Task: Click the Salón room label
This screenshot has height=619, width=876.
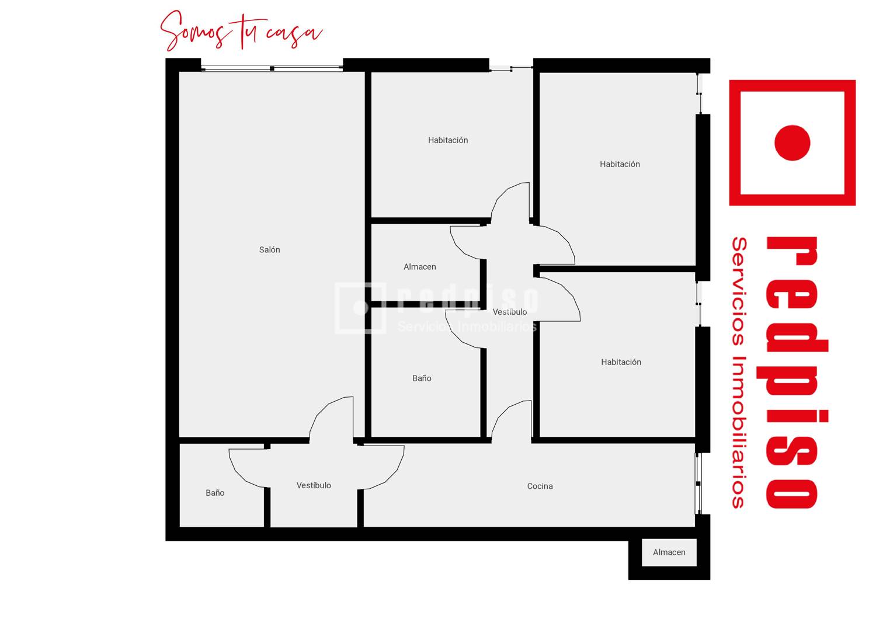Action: [x=269, y=250]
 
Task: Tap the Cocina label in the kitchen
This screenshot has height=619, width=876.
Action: [x=540, y=486]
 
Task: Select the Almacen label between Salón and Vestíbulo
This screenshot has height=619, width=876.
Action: [x=420, y=267]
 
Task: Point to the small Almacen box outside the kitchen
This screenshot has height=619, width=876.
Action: [x=669, y=552]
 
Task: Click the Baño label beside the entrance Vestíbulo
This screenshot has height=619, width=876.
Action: [x=215, y=493]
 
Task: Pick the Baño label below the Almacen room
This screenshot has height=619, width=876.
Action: [x=422, y=378]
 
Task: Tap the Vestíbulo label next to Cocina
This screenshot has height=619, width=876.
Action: [x=314, y=485]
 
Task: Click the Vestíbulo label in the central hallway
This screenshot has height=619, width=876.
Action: [x=510, y=312]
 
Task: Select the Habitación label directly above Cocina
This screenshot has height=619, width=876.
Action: [x=621, y=362]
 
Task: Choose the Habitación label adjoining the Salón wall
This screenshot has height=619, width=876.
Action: [x=448, y=140]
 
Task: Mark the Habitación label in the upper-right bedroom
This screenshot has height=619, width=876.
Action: [x=620, y=164]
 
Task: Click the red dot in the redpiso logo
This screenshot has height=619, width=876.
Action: [x=792, y=142]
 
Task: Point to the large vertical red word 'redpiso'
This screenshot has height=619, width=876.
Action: [x=792, y=372]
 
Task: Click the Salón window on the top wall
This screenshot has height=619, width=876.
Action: [x=272, y=68]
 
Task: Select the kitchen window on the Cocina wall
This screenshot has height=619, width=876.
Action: [x=698, y=484]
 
